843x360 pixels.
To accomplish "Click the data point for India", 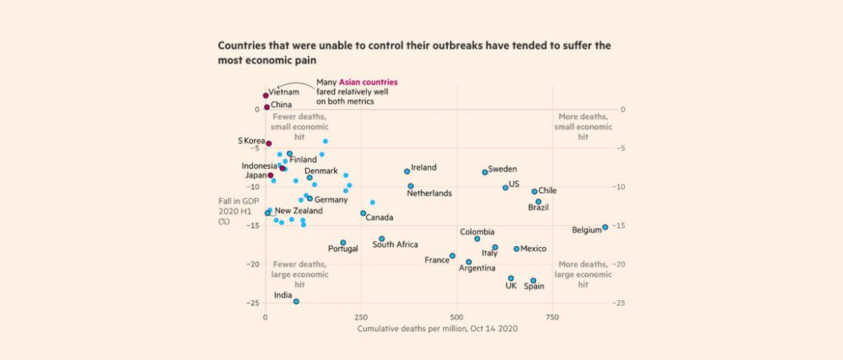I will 297,302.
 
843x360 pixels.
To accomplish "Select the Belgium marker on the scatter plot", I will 605,227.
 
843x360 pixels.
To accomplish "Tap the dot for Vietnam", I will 265,95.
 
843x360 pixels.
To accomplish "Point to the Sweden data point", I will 485,172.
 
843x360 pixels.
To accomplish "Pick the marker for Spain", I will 533,281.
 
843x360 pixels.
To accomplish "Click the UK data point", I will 511,279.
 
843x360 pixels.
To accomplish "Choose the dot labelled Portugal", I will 343,242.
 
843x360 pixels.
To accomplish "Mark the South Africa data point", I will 382,239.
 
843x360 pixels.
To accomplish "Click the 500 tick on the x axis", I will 456,316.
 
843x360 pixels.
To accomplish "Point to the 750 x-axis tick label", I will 552,316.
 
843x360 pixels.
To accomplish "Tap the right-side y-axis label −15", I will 620,225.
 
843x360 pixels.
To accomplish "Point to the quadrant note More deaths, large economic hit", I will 583,274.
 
